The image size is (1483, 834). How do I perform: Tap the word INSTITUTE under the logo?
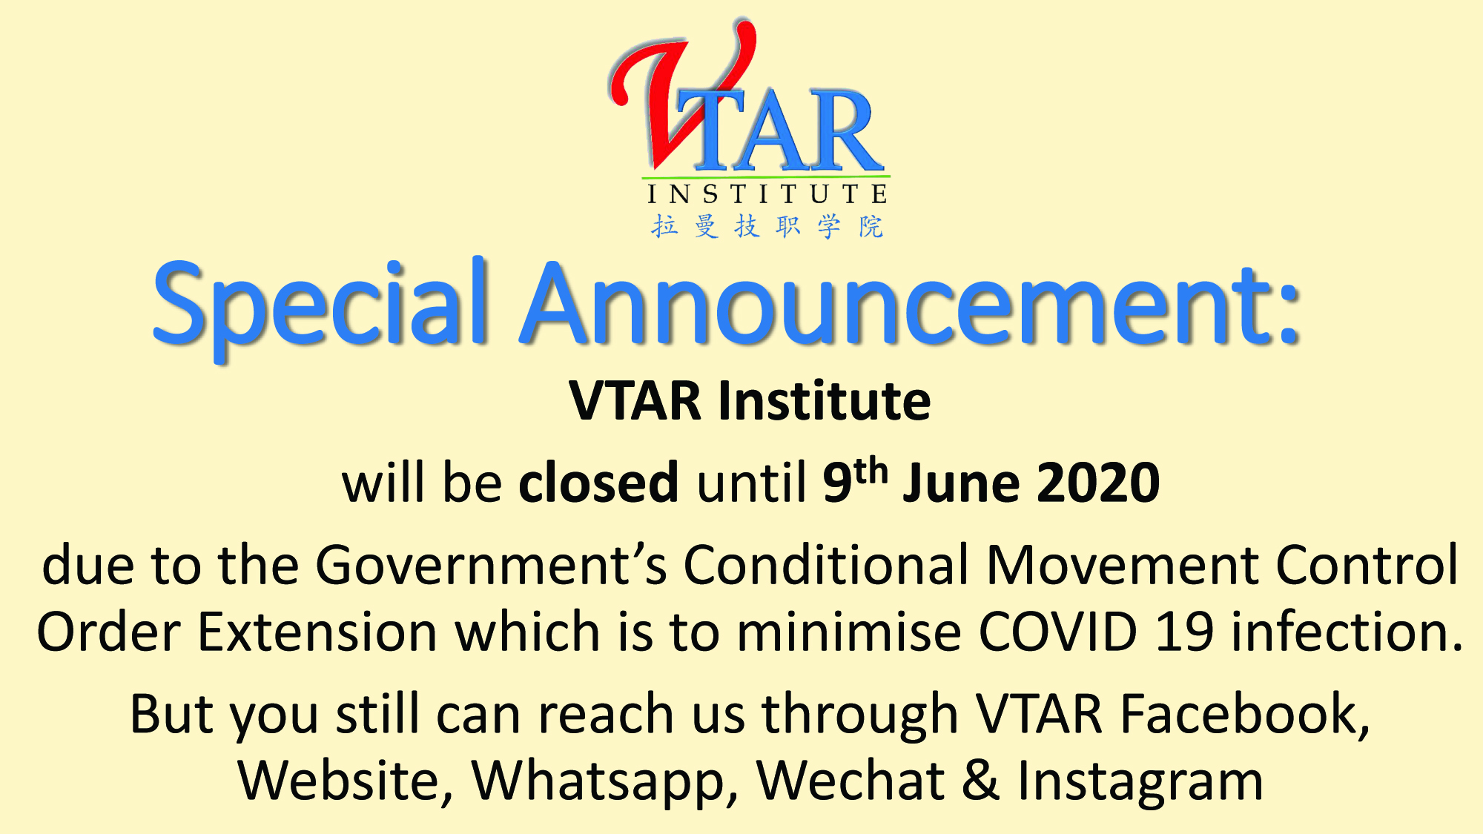pos(767,194)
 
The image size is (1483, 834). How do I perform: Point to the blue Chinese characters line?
pos(767,226)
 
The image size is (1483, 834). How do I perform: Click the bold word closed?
pos(598,482)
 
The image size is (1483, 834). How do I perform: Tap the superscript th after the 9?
pos(871,470)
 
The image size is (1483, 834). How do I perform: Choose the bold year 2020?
pos(1098,483)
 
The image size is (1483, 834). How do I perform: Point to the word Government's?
pos(491,565)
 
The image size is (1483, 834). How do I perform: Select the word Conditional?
pos(825,565)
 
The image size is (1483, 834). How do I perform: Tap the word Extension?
pos(317,632)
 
